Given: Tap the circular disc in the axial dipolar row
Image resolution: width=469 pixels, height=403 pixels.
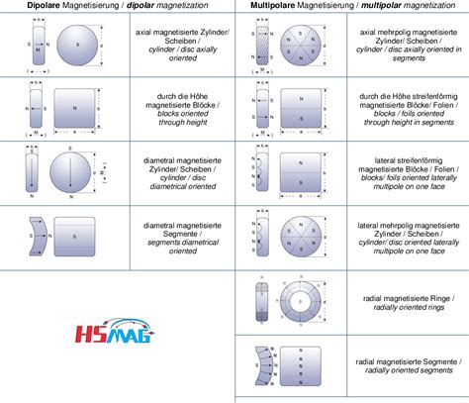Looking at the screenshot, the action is pyautogui.click(x=73, y=46).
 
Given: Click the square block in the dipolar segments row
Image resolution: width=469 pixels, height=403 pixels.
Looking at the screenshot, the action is pyautogui.click(x=73, y=235).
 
